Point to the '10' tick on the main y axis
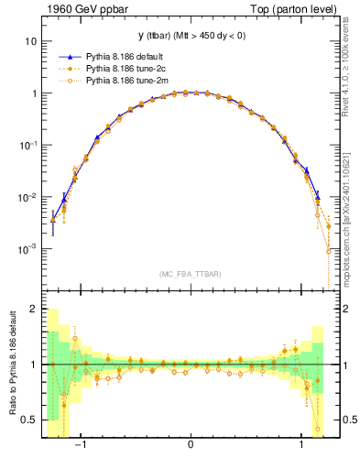click(31, 42)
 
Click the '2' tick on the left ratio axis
click(34, 310)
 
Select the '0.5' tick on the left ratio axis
click(29, 420)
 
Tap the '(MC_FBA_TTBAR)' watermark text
click(191, 274)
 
